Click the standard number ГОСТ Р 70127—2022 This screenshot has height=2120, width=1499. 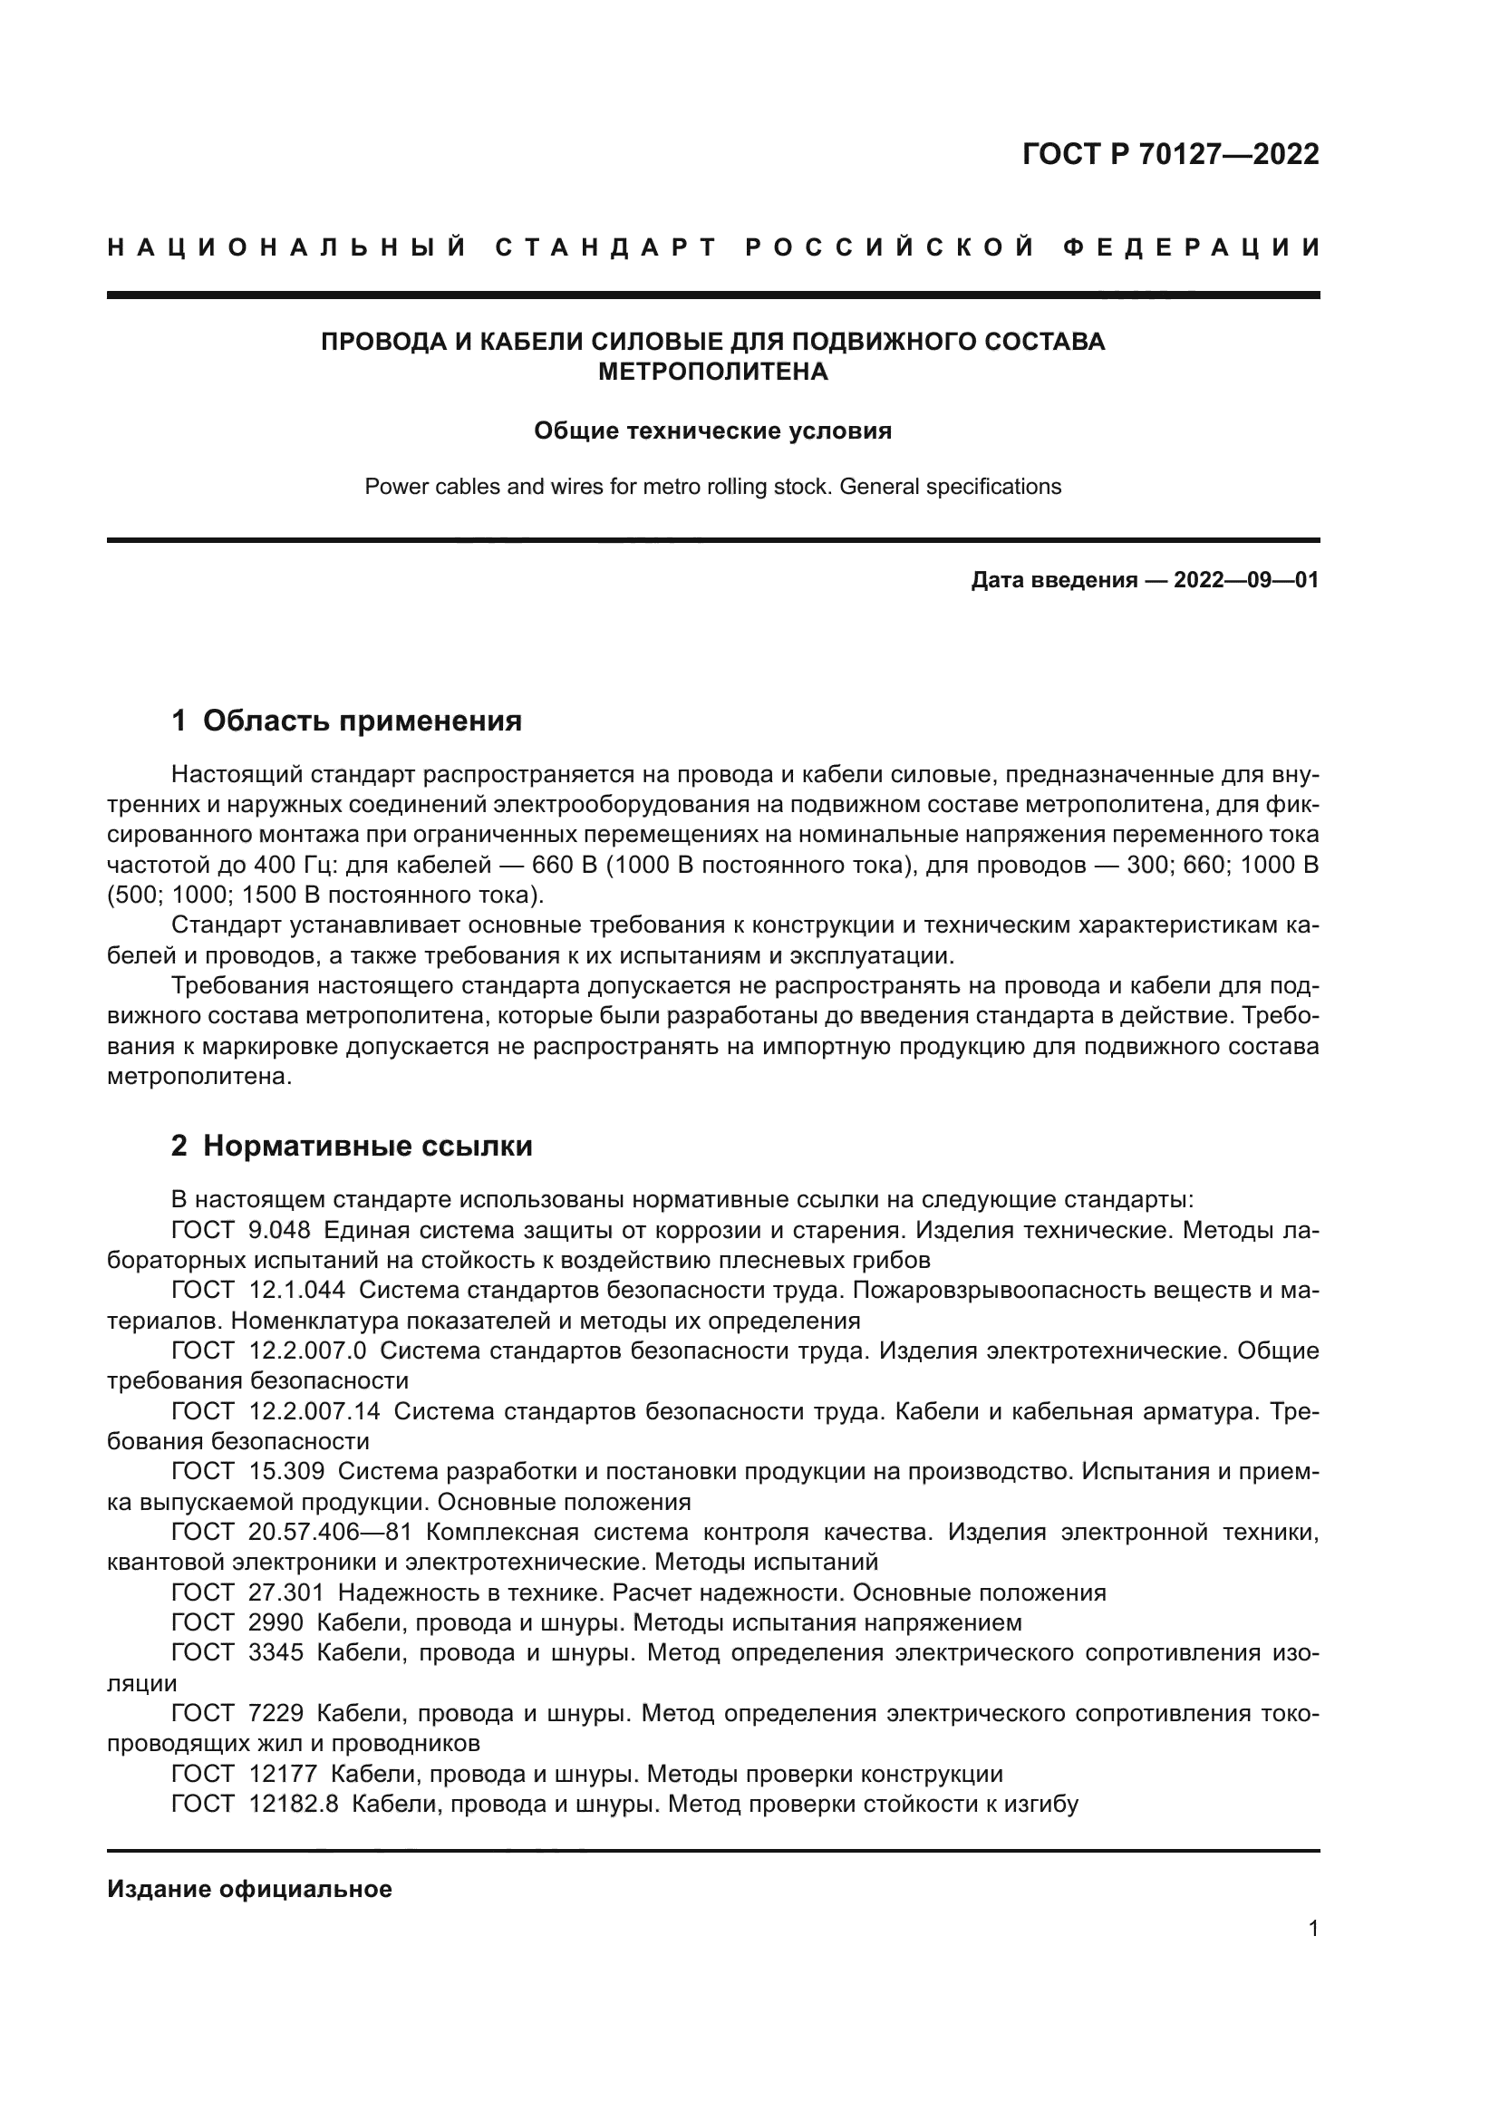[1170, 154]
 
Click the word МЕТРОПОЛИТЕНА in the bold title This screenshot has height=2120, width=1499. [712, 373]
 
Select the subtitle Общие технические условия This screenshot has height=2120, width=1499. [712, 431]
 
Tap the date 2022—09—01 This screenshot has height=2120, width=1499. [1246, 581]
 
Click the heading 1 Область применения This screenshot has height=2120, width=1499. [347, 721]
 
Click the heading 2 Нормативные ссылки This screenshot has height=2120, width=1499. [352, 1147]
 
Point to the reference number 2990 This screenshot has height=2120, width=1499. [276, 1623]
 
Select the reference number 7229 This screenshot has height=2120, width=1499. [276, 1714]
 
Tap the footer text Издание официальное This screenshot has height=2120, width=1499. [249, 1888]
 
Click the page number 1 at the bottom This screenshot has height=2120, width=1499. [1313, 1928]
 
